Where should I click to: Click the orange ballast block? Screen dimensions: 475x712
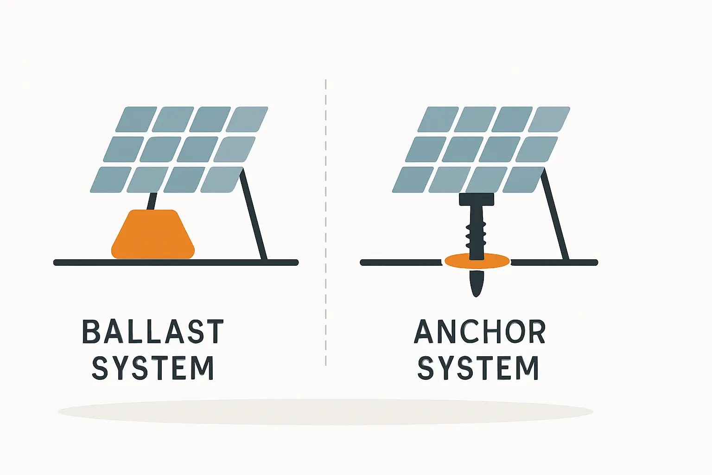pos(153,235)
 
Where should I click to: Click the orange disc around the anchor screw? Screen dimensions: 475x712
pos(496,262)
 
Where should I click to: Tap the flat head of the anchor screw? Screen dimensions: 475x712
pos(476,199)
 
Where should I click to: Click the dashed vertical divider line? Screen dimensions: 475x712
pos(326,223)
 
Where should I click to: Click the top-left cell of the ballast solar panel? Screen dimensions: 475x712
pos(136,120)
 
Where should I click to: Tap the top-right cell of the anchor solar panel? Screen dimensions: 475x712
pos(549,120)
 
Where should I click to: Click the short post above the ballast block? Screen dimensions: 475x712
pos(152,201)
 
